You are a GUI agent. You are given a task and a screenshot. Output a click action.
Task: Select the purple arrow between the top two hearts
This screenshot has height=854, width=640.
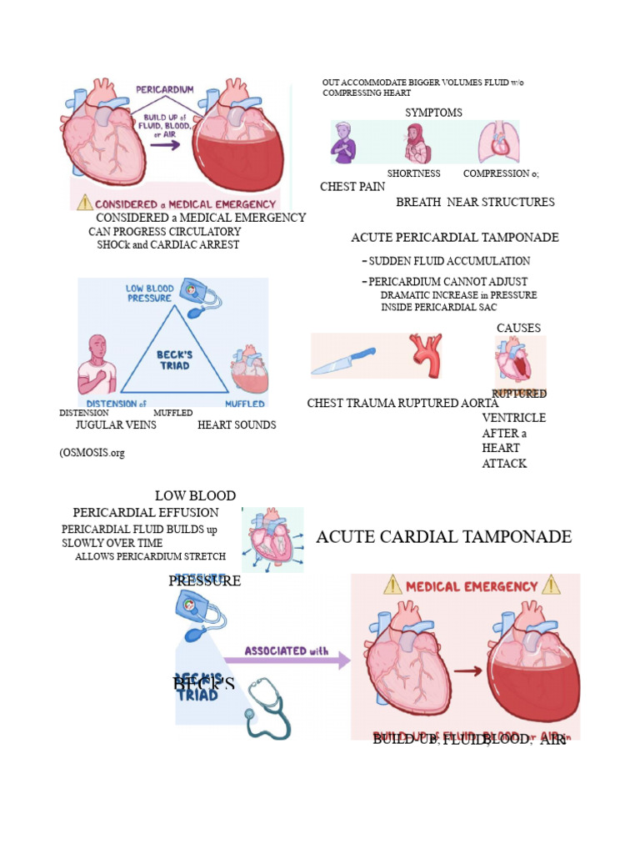click(165, 144)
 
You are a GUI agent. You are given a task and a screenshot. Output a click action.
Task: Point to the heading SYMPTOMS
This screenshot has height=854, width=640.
click(433, 113)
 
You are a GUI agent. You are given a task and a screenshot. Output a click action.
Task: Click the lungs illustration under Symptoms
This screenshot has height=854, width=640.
click(498, 143)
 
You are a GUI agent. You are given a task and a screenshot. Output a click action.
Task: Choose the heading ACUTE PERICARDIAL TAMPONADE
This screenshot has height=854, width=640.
click(454, 238)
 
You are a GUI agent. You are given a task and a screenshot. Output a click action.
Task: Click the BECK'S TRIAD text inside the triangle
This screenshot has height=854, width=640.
click(174, 359)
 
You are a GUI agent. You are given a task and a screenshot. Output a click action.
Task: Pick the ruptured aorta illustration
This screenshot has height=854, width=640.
click(425, 357)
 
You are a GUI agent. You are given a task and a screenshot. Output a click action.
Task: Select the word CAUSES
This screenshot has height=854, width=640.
click(518, 329)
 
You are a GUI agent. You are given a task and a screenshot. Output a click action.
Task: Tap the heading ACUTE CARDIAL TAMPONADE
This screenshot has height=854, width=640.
click(443, 536)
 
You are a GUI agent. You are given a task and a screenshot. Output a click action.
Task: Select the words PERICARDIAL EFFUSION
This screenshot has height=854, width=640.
click(146, 513)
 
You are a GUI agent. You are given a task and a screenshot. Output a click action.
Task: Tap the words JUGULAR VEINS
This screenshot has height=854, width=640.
click(116, 425)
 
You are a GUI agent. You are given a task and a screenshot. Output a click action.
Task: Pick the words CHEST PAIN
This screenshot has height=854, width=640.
click(352, 187)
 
